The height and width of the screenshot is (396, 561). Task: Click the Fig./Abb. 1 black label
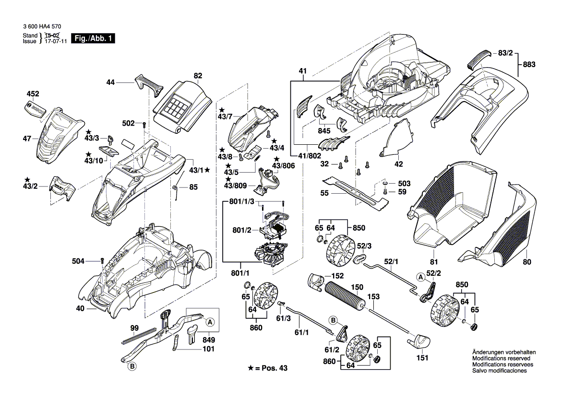pyautogui.click(x=93, y=38)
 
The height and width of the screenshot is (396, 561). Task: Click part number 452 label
pyautogui.click(x=32, y=94)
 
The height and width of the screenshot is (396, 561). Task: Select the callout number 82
pyautogui.click(x=198, y=75)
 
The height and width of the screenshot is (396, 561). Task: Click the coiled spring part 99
pyautogui.click(x=139, y=334)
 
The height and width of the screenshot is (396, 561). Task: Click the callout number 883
pyautogui.click(x=529, y=64)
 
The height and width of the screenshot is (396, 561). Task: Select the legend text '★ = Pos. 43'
pyautogui.click(x=269, y=368)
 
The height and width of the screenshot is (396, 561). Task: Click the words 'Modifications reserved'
pyautogui.click(x=501, y=359)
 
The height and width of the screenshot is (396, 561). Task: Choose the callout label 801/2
pyautogui.click(x=242, y=230)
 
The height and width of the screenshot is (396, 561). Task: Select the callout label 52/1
pyautogui.click(x=392, y=262)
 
